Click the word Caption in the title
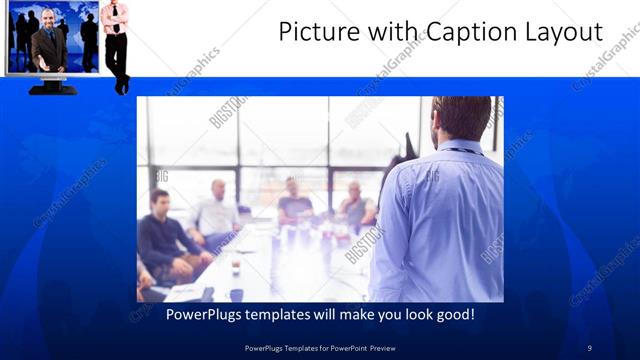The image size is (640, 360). (475, 32)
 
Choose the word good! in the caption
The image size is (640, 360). (452, 315)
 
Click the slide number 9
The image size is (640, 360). (589, 347)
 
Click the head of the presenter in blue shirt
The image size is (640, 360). (463, 119)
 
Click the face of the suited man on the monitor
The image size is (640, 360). (47, 18)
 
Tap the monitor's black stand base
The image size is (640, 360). (53, 88)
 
